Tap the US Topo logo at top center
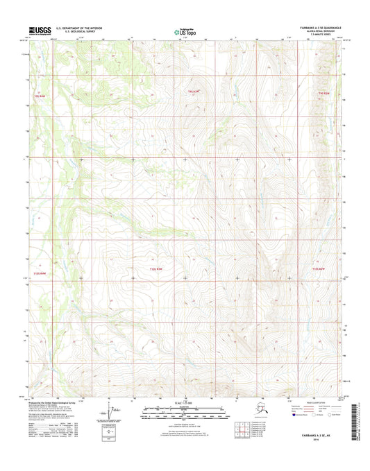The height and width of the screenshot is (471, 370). pos(183,31)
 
